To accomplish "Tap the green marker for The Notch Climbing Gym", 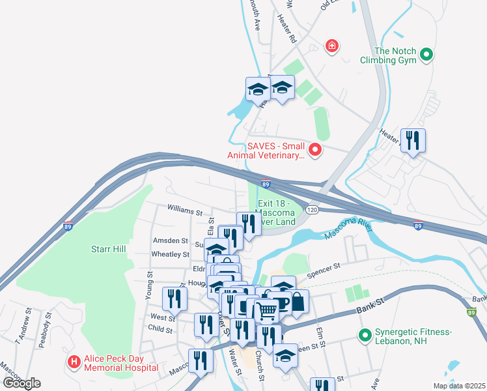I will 426,55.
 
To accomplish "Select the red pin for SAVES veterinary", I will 315,151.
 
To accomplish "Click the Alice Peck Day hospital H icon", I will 74,361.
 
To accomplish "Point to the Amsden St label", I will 171,240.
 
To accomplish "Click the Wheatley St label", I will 170,254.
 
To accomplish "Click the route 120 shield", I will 312,210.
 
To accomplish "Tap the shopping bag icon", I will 297,302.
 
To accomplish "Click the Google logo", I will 21,383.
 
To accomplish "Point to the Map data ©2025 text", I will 458,386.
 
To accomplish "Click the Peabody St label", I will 45,326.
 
